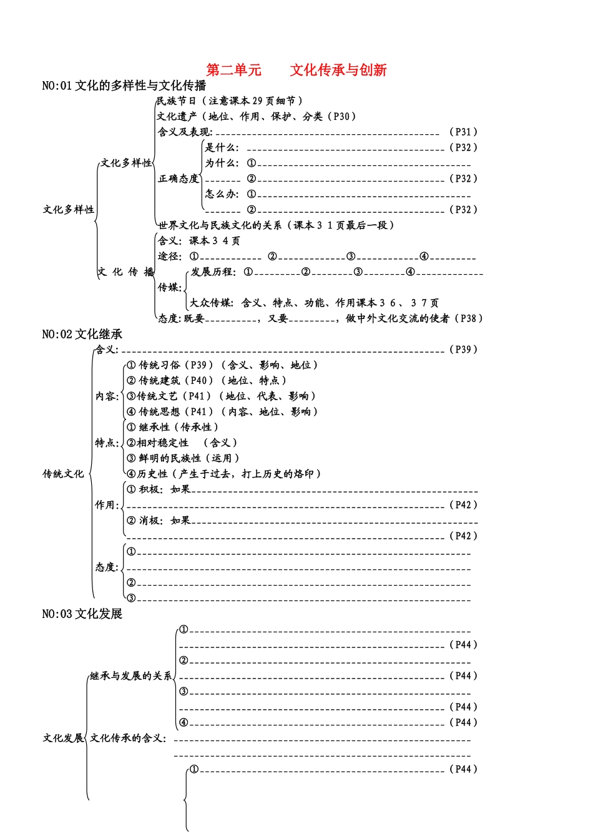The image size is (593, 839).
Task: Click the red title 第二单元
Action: pos(233,70)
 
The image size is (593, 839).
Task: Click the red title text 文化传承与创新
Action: pos(338,70)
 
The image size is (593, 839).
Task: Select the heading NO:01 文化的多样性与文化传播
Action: pos(124,86)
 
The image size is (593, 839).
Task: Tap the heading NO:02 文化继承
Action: pos(82,334)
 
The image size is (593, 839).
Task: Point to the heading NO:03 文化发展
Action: pos(82,614)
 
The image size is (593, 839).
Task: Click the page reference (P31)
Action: pos(463,132)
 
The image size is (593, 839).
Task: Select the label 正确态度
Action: pos(178,179)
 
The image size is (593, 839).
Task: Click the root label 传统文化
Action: pos(63,474)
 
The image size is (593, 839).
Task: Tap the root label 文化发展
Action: pos(63,738)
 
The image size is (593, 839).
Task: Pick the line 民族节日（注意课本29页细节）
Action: pos(229,101)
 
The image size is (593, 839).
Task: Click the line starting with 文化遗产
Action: pos(257,116)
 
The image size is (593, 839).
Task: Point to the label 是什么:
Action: pos(222,147)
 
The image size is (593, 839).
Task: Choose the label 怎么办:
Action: pos(222,194)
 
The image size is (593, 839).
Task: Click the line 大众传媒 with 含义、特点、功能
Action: pos(314,303)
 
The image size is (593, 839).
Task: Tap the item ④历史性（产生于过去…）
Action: pos(223,474)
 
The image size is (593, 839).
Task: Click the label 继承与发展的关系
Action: pos(130,675)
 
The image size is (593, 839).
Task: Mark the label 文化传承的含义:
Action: pos(128,738)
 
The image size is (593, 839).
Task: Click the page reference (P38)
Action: pos(468,318)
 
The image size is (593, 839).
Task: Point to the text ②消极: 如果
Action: pos(159,521)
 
